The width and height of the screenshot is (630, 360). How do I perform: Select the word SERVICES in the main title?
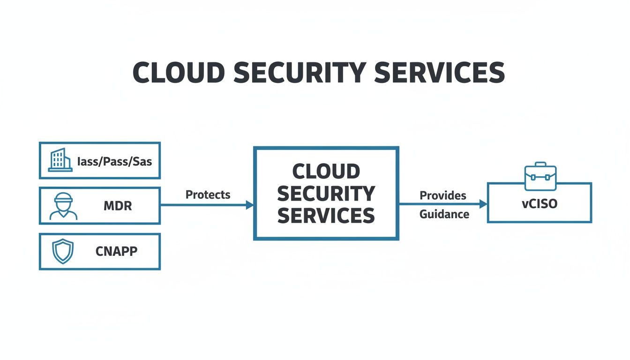click(x=441, y=73)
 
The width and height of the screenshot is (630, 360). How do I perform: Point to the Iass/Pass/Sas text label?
click(x=114, y=161)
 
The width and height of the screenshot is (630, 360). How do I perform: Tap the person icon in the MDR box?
click(x=63, y=206)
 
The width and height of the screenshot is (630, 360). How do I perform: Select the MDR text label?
click(x=117, y=206)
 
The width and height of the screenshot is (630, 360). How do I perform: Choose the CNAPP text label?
click(x=116, y=252)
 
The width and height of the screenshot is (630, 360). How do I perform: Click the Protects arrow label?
click(x=208, y=195)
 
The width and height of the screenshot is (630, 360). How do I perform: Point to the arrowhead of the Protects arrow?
click(x=249, y=205)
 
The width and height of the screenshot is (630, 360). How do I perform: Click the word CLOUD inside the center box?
click(x=326, y=172)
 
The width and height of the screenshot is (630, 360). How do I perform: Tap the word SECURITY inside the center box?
click(x=326, y=194)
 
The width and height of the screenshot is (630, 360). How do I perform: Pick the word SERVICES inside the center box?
click(x=326, y=216)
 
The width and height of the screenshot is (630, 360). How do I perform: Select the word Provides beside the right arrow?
click(x=442, y=195)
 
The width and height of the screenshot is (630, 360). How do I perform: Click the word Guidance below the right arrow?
click(x=444, y=214)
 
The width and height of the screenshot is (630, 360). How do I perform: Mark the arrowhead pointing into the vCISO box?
click(x=483, y=204)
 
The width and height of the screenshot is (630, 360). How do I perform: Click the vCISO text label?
click(x=540, y=204)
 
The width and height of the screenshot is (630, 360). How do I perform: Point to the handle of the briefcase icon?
click(x=540, y=165)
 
